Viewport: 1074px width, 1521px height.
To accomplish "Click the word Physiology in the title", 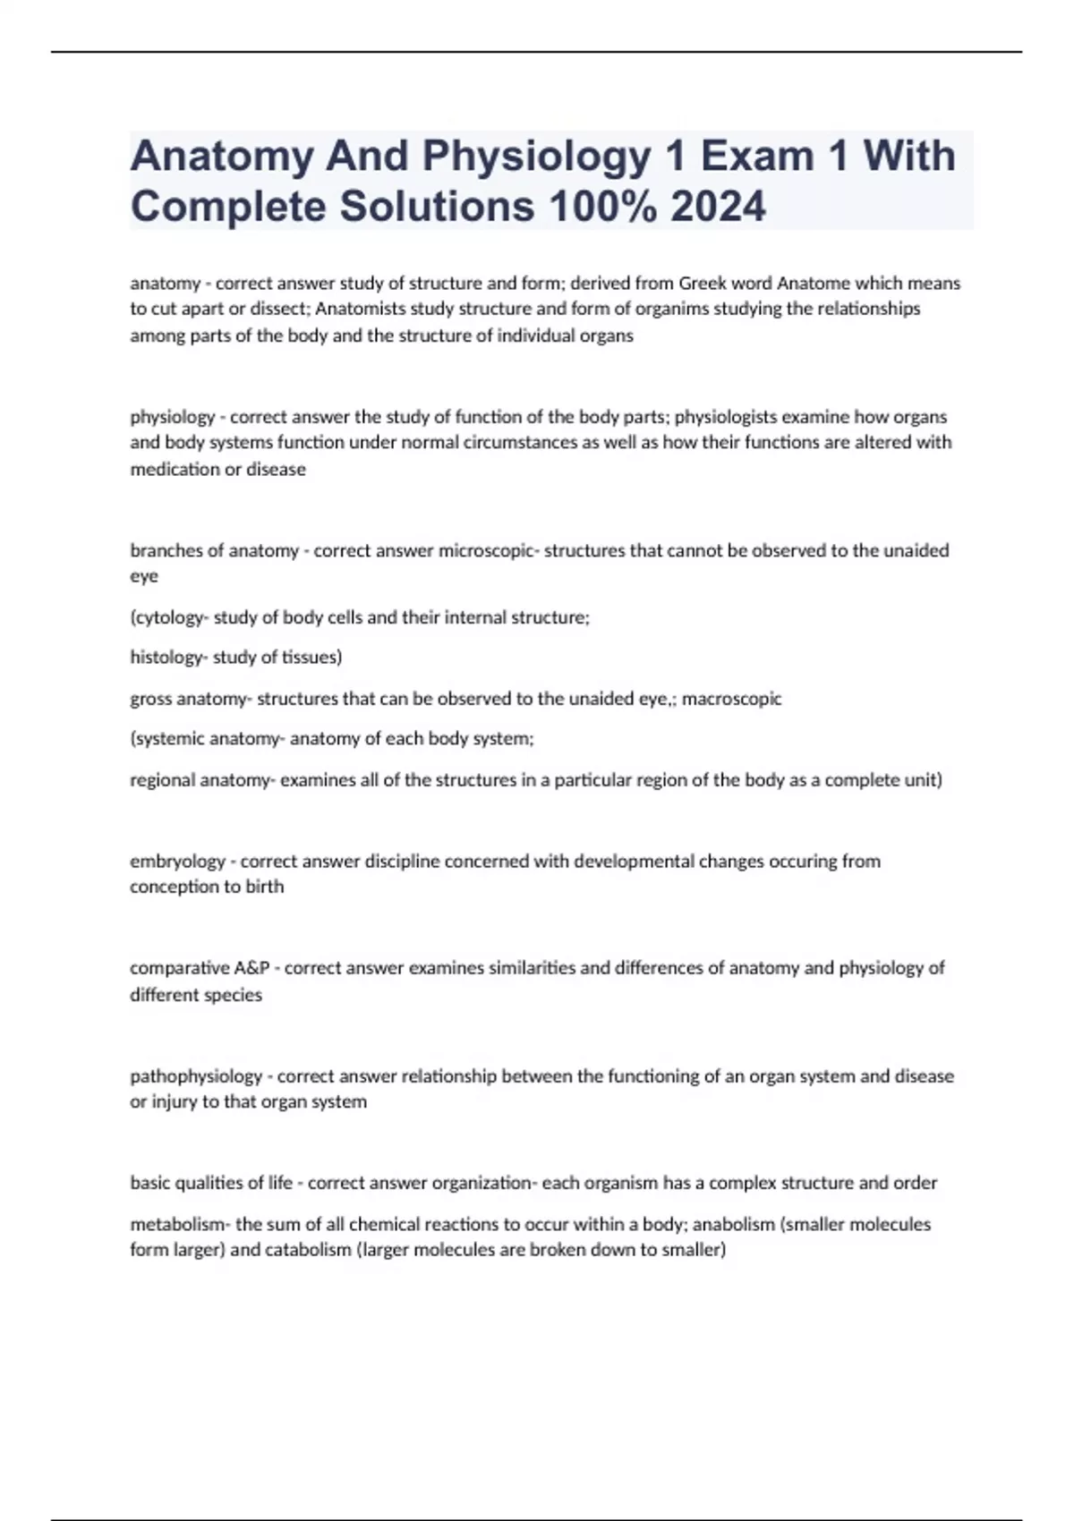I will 536,157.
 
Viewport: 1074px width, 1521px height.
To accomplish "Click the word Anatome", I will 813,284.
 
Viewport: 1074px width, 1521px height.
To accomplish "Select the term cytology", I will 169,617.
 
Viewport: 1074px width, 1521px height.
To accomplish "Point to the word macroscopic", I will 731,699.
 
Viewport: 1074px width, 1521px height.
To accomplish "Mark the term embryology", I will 177,862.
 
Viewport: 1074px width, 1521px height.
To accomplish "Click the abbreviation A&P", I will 251,968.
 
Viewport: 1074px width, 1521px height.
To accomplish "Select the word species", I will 234,995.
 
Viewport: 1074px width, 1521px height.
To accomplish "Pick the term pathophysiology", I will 196,1076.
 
